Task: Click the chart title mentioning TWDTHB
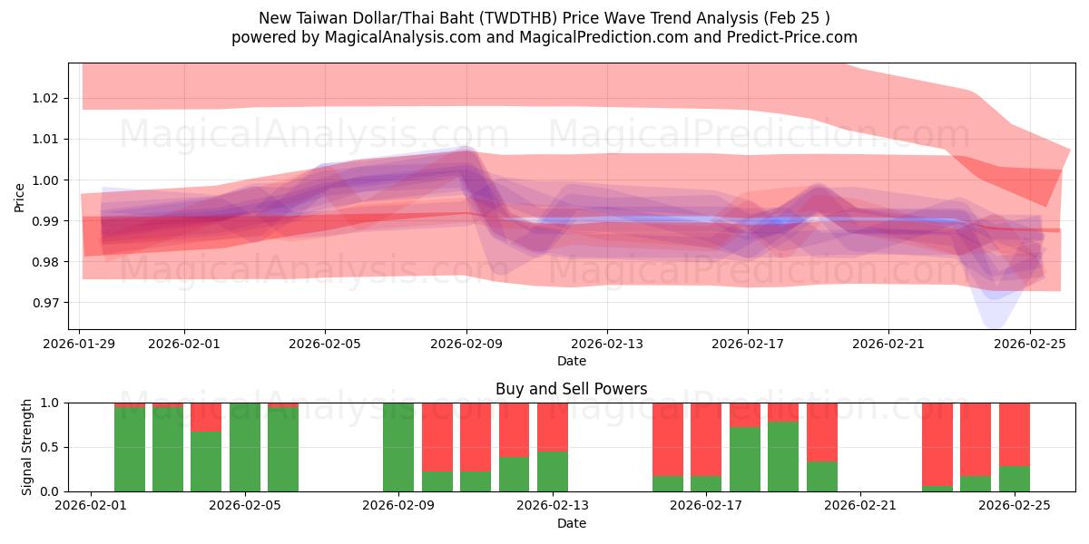pos(544,18)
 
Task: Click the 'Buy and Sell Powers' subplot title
pos(571,389)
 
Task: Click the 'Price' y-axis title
pos(20,196)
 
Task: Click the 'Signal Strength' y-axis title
pos(27,446)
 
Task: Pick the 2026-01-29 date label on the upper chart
pos(80,345)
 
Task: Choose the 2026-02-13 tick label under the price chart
pos(607,345)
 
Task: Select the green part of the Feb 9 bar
pos(398,447)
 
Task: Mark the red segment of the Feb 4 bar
pos(206,416)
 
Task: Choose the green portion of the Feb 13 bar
pos(553,471)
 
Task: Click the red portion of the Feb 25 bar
pos(1014,433)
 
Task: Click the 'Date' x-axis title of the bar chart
pos(571,523)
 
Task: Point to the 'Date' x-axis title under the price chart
pos(571,361)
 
